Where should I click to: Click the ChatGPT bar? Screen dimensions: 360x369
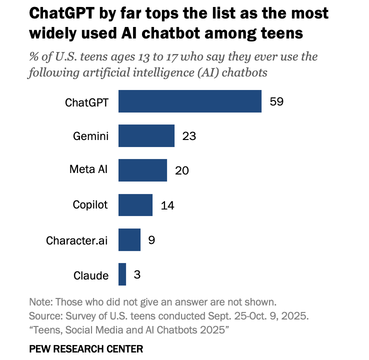(190, 101)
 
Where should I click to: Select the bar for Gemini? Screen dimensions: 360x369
(146, 136)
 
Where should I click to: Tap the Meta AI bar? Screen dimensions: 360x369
(142, 170)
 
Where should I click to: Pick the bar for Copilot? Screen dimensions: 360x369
(135, 205)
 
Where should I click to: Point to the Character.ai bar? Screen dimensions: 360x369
(129, 239)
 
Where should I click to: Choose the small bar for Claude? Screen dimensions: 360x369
(122, 274)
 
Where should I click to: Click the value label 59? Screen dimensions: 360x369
(276, 101)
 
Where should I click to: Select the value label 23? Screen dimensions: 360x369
(189, 136)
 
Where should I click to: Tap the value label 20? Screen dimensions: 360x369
(182, 170)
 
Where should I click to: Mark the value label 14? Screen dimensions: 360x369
(167, 205)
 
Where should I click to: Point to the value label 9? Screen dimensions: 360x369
(151, 239)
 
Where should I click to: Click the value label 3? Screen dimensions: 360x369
(137, 274)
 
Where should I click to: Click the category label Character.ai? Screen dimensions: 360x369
(76, 240)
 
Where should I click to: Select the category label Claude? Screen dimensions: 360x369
(91, 275)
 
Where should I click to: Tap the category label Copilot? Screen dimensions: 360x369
(90, 204)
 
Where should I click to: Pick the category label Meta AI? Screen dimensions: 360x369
(88, 169)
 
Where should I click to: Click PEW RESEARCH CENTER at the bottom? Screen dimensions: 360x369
(86, 348)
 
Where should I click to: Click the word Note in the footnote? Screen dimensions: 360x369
(40, 302)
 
